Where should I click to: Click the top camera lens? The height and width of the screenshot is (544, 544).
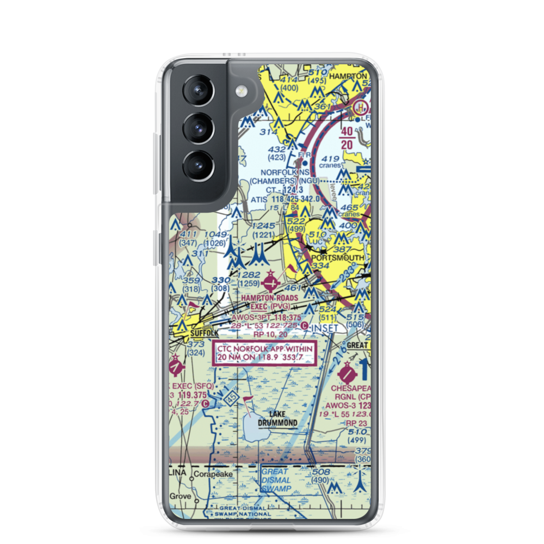click(197, 91)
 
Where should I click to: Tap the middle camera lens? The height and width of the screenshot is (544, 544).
click(197, 128)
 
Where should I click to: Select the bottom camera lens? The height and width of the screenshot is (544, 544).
click(197, 164)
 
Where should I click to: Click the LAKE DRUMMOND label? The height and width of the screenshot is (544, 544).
click(278, 418)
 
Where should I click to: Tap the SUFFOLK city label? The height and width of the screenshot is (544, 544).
click(203, 332)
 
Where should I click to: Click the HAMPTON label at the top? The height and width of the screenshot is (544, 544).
click(349, 76)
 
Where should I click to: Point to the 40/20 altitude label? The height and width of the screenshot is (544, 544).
click(347, 138)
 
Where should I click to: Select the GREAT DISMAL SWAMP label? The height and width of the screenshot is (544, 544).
click(278, 480)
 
